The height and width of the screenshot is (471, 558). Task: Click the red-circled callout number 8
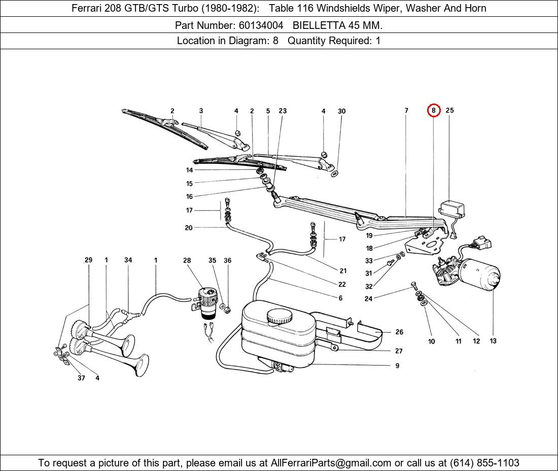[433, 110]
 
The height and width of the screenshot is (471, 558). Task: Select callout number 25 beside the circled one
[449, 110]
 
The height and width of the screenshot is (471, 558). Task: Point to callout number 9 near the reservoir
[397, 365]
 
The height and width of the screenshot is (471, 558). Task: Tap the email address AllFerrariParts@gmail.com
[331, 463]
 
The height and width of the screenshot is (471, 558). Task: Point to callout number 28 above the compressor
[187, 260]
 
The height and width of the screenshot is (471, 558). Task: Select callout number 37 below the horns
[81, 378]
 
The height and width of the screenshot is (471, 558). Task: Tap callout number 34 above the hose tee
[128, 260]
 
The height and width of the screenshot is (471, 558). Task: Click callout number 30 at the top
[341, 111]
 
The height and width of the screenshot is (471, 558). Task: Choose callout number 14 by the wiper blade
[189, 170]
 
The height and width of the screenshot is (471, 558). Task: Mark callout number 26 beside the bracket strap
[399, 332]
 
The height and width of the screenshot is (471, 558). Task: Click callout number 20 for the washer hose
[189, 228]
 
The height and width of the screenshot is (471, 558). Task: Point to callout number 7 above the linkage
[406, 110]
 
